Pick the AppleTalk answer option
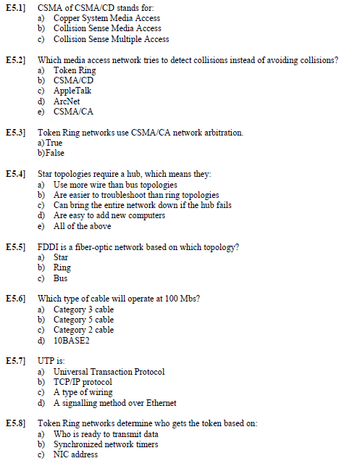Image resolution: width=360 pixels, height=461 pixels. coord(72,91)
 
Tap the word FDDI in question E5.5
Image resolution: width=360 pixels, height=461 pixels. coord(49,247)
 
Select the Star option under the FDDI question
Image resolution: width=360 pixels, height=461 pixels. coord(61,257)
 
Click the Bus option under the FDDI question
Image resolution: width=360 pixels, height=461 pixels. coord(60,278)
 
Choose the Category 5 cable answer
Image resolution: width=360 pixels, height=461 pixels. coord(83,320)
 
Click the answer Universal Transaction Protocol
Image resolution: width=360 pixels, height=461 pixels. coord(109,372)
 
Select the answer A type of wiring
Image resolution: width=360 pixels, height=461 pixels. coord(83,392)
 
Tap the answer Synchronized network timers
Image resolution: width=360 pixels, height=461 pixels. coord(106,444)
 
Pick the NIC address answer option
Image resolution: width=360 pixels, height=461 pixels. coord(75,454)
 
